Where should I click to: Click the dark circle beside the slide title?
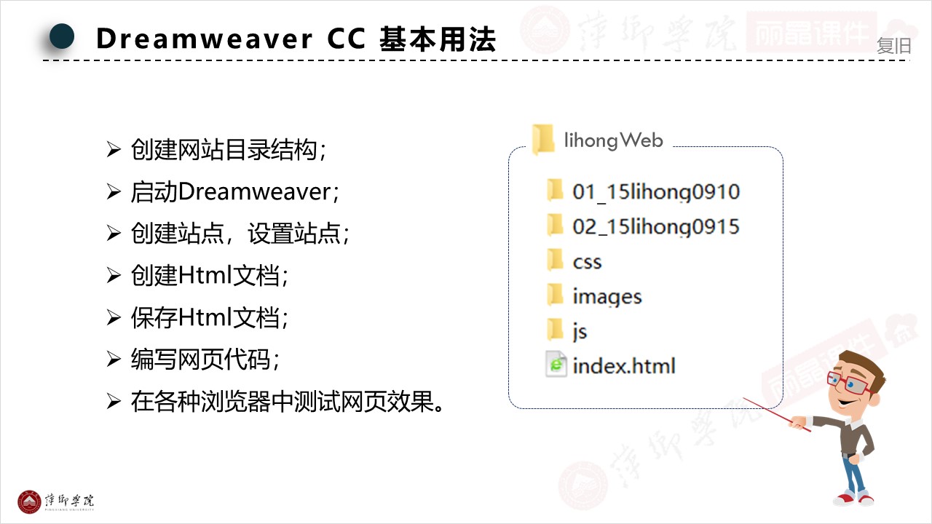tap(62, 36)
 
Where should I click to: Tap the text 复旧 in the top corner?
tap(893, 46)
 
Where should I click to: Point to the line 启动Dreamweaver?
tap(235, 192)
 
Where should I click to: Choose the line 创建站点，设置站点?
tap(240, 234)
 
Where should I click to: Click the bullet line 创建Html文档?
tap(210, 276)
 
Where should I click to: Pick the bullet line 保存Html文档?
tap(210, 317)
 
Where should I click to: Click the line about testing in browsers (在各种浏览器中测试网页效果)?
tap(288, 401)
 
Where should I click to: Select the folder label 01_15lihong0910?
tap(655, 192)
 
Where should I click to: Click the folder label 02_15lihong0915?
tap(655, 226)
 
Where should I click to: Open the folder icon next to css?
tap(556, 260)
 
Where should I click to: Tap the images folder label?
tap(607, 296)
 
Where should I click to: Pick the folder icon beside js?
tap(556, 330)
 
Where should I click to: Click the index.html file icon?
tap(556, 364)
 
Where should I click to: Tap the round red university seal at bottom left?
tap(30, 501)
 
